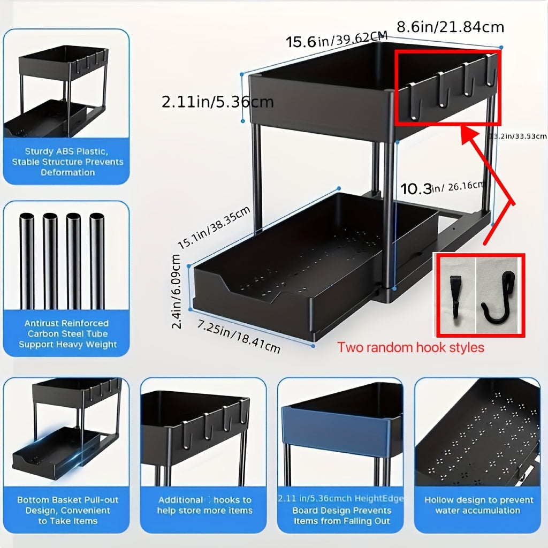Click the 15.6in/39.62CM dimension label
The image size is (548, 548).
337,41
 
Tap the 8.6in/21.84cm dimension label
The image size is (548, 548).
450,26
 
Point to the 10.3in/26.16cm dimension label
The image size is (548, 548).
442,188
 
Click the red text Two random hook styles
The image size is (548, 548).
410,347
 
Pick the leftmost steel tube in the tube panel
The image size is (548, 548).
27,261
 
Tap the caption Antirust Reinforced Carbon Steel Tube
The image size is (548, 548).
67,333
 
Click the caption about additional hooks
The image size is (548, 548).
204,505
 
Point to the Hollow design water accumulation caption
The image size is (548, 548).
478,505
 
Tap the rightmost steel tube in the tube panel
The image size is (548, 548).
97,261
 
